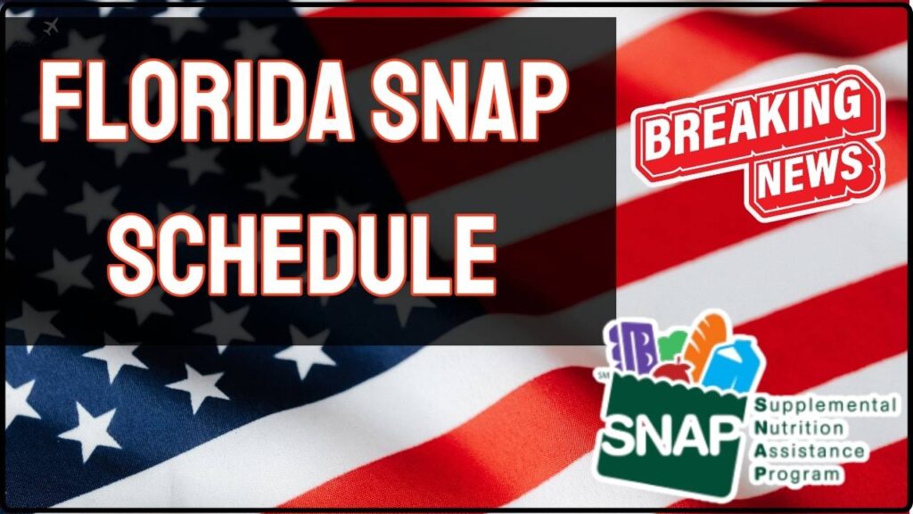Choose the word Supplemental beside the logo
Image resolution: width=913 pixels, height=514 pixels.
pos(826,407)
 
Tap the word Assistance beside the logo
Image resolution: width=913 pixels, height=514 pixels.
pos(808,452)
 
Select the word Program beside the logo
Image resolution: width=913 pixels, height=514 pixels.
pos(795,473)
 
